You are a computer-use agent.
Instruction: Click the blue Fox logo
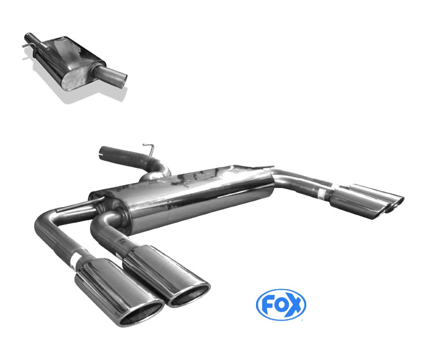point(281,304)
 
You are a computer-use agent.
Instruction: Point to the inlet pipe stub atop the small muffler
point(29,39)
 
